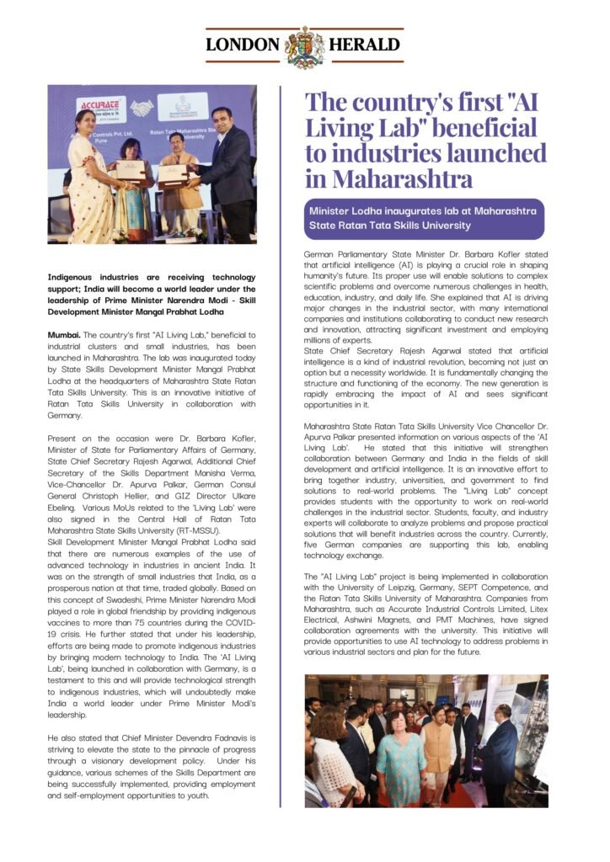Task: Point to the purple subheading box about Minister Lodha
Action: pos(425,218)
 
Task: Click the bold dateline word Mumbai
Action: pos(63,335)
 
